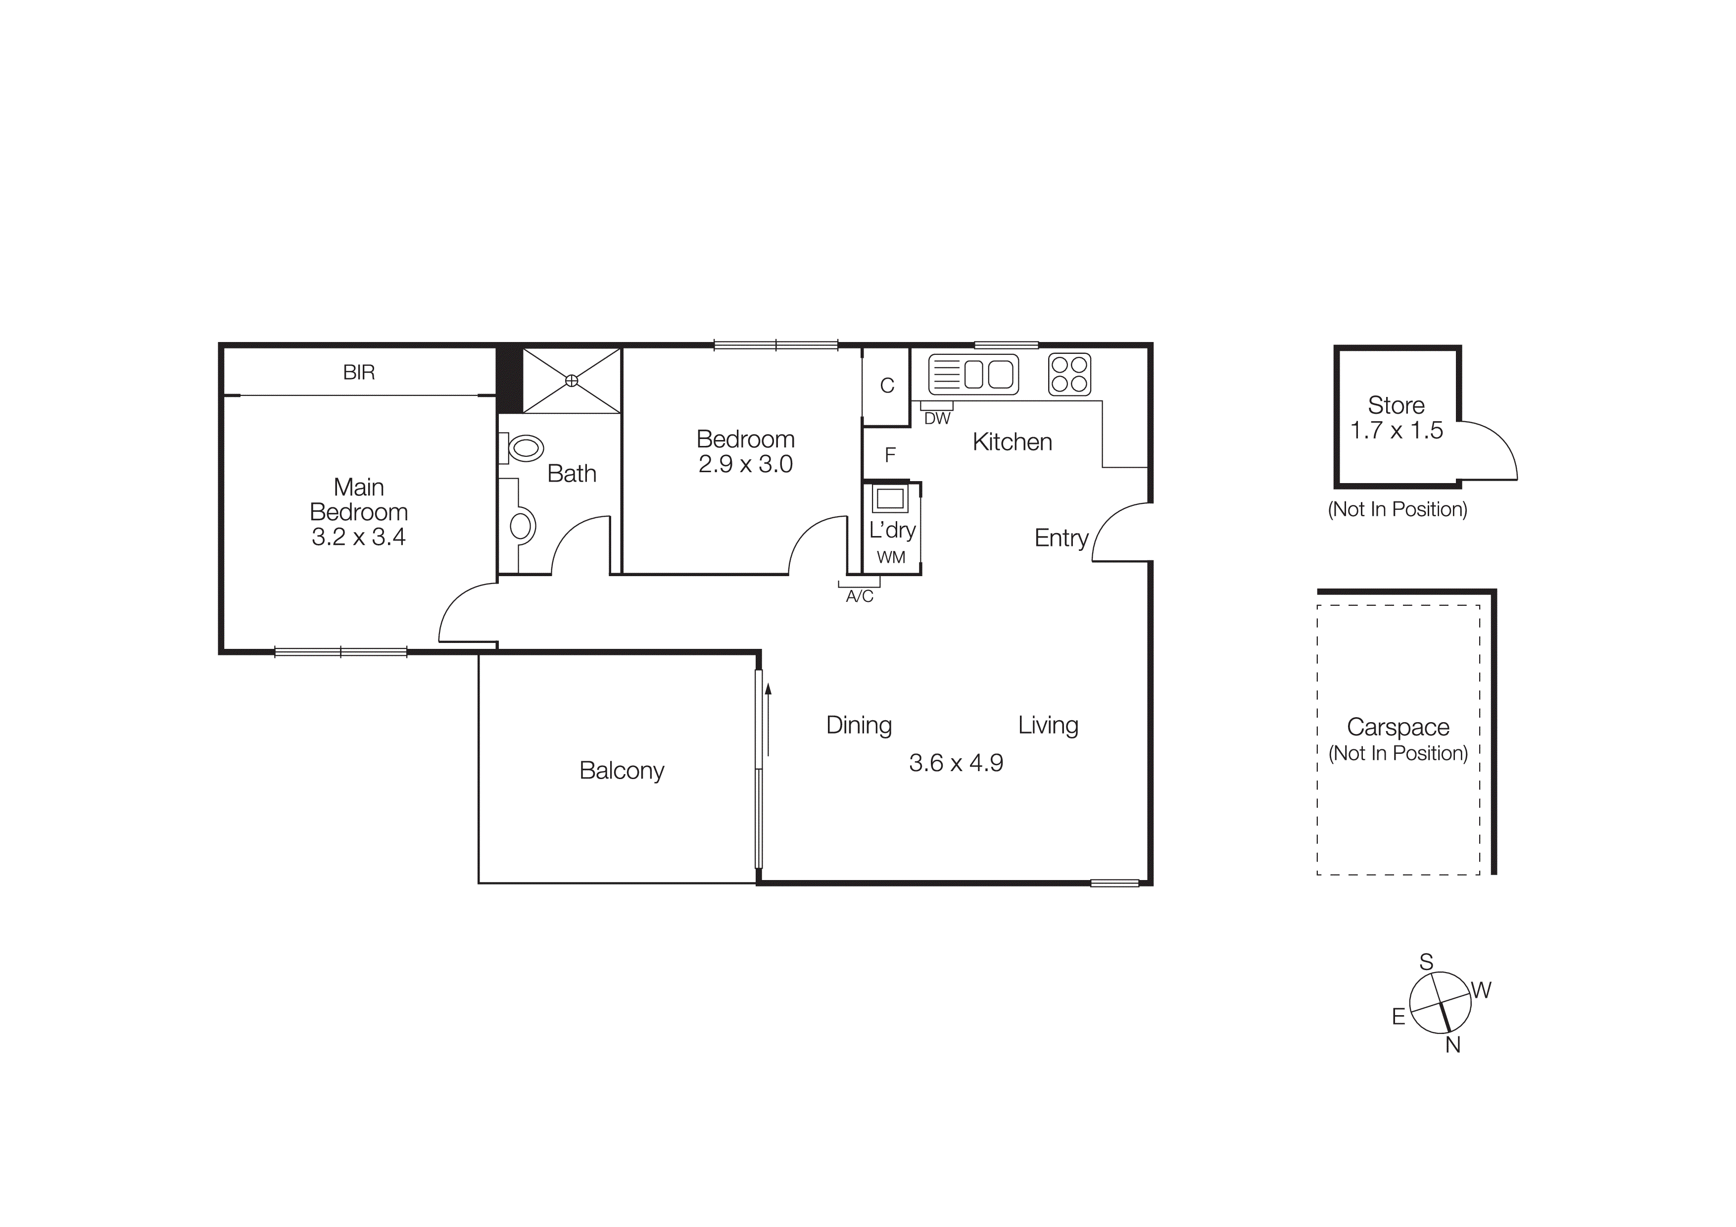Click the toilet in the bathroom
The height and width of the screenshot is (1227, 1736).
525,448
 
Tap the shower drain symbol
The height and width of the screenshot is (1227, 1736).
572,381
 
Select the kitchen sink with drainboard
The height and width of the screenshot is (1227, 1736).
973,374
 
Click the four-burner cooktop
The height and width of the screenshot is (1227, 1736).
1069,374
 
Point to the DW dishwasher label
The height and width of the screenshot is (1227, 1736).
937,419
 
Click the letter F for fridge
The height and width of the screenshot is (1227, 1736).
890,454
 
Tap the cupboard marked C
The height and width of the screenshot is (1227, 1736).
887,386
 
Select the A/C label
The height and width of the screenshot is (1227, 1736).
860,596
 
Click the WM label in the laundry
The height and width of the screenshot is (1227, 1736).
891,558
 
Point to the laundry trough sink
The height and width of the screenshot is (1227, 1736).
890,499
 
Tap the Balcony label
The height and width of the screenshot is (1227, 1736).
622,770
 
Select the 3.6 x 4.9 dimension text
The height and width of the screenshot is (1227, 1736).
956,763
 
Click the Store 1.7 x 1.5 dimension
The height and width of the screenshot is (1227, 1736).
1397,430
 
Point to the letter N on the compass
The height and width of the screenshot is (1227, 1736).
1452,1045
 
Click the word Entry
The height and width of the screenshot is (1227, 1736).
1061,539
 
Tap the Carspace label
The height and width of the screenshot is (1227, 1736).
1398,727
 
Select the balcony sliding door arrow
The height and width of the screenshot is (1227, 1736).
768,718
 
